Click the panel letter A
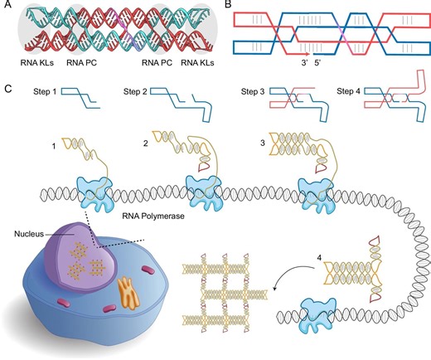click(x=7, y=7)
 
